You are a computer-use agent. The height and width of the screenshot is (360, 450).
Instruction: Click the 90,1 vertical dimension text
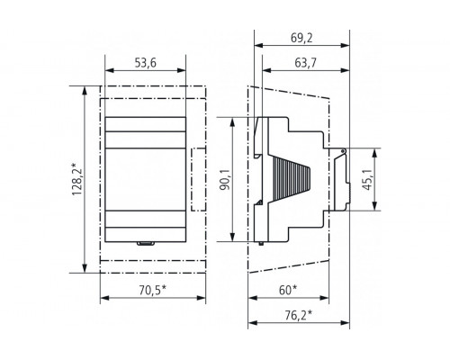coord(224,180)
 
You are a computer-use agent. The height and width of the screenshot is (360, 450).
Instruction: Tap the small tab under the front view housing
coord(144,241)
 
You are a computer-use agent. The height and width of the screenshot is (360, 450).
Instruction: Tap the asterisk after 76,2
coord(310,312)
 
